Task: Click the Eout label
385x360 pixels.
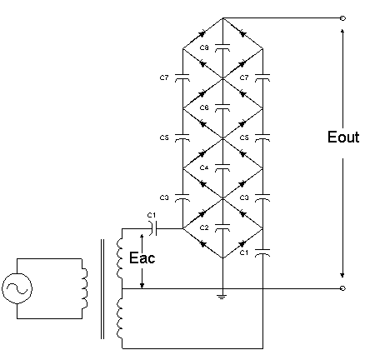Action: (343, 137)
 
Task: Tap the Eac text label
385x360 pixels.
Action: (142, 257)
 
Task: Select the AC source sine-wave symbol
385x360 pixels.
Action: (17, 288)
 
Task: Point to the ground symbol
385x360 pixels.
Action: (222, 297)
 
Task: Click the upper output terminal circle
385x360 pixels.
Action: (342, 18)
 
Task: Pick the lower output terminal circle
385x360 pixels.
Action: (342, 288)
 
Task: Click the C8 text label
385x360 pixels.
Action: (204, 47)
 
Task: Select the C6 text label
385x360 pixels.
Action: (204, 107)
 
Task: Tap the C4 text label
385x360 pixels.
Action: (204, 167)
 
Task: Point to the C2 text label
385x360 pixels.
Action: (204, 227)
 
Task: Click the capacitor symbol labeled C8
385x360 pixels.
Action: (222, 47)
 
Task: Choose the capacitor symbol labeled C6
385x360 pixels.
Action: (222, 107)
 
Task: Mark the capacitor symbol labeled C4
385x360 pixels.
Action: (222, 167)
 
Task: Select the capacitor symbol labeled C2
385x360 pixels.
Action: (222, 227)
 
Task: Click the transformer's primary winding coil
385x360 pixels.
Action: (85, 288)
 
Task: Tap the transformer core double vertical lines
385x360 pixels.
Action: (102, 289)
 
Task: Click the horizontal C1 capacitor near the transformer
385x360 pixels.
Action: (153, 228)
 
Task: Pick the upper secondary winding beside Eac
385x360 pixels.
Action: (119, 258)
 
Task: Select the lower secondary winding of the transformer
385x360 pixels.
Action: (119, 318)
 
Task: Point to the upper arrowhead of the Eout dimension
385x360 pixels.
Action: (342, 31)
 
